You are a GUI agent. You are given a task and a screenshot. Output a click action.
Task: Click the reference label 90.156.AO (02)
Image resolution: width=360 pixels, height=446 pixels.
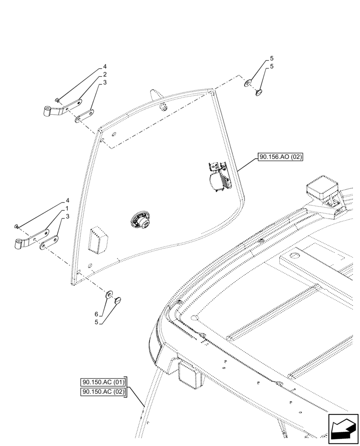[280, 157]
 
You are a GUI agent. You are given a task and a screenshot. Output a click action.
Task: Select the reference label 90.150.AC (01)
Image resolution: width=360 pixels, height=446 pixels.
[104, 382]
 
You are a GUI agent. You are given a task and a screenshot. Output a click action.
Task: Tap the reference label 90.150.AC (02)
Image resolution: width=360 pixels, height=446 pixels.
[104, 392]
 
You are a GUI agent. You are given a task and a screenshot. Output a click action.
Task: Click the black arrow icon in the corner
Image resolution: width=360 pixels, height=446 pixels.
[343, 429]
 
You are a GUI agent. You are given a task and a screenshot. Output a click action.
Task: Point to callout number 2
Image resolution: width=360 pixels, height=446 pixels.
[104, 74]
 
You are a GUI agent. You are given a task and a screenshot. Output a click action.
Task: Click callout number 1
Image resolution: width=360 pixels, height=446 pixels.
[66, 208]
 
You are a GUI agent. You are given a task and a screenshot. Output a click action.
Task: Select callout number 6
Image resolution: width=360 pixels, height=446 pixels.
[96, 314]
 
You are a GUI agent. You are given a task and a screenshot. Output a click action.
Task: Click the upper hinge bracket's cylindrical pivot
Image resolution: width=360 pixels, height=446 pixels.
[48, 111]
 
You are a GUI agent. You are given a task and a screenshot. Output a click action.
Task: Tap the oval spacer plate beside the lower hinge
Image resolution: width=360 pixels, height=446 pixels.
[49, 243]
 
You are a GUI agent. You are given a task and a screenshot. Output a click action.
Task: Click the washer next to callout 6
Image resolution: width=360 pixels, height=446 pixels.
[109, 295]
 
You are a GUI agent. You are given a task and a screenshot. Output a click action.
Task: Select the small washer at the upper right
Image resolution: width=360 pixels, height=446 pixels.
[247, 83]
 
